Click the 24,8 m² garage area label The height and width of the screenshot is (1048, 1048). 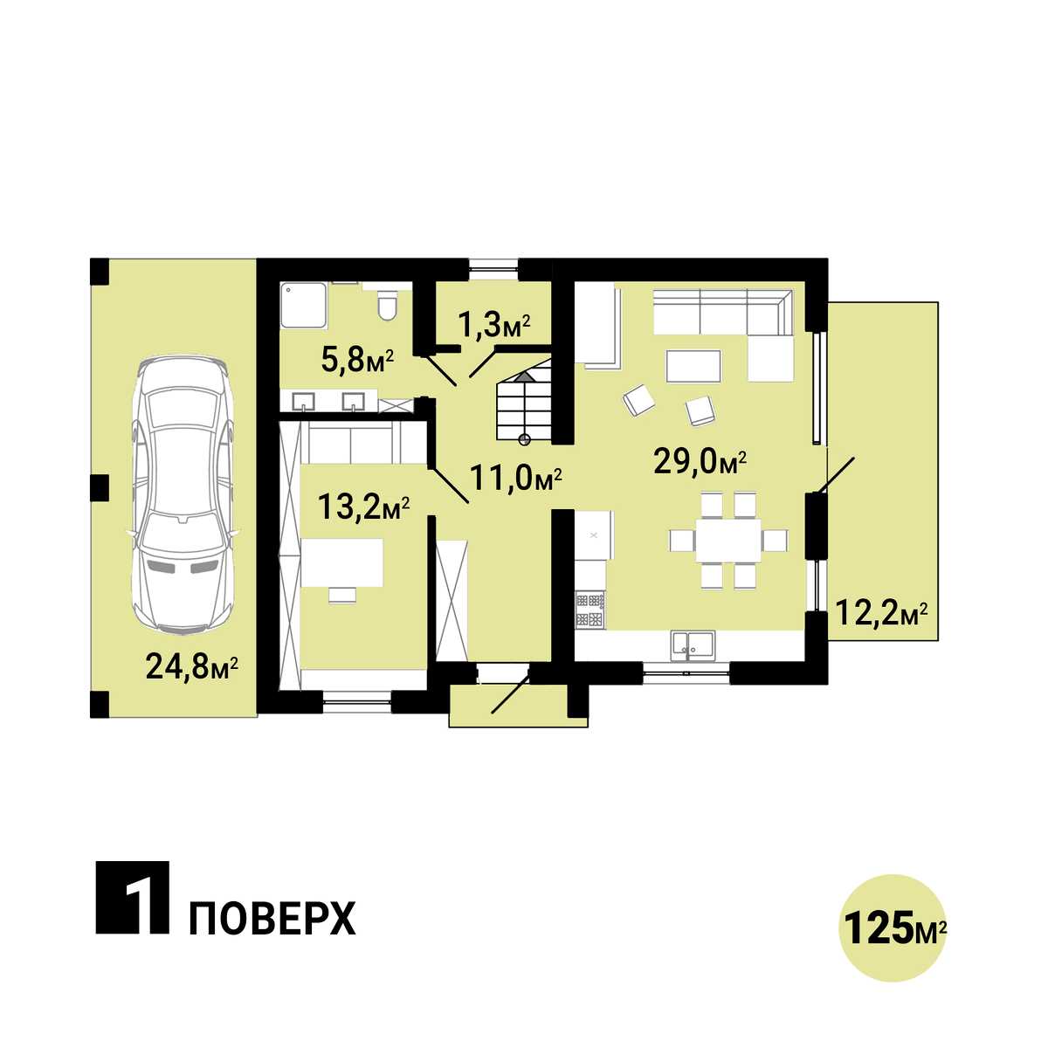pos(192,666)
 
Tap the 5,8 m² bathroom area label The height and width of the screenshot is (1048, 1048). pos(357,360)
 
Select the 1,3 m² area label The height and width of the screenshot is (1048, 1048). pos(494,327)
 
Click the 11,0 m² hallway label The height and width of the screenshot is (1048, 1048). pos(515,479)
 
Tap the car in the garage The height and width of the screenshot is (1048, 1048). pos(183,495)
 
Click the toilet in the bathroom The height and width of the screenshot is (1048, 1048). pos(388,305)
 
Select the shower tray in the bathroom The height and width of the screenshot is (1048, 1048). pos(304,307)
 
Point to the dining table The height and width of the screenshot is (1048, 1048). pos(728,540)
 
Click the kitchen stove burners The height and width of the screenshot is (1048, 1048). pos(590,609)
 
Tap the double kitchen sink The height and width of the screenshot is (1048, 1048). pos(693,645)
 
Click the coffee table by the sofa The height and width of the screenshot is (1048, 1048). pos(693,367)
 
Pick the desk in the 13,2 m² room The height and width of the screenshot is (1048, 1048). pos(342,562)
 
